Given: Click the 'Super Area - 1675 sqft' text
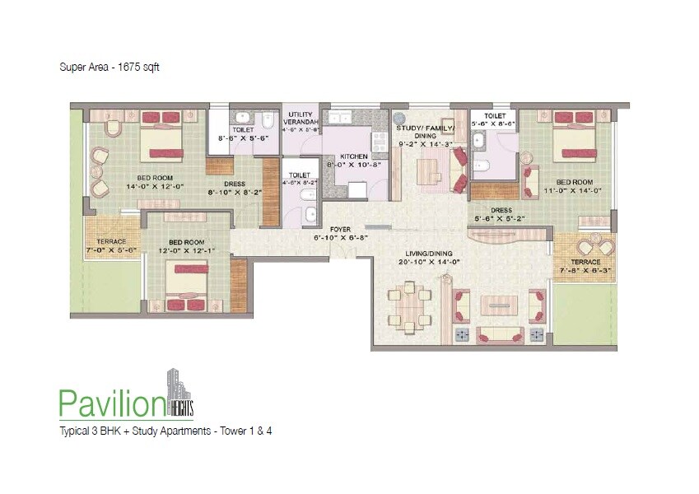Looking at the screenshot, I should coord(109,68).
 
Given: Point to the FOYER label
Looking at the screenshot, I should coord(340,229).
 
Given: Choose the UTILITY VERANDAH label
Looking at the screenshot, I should coord(301,121).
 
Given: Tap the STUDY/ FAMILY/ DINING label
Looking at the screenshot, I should coord(426,135).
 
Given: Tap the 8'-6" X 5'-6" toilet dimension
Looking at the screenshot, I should coord(243,138).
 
